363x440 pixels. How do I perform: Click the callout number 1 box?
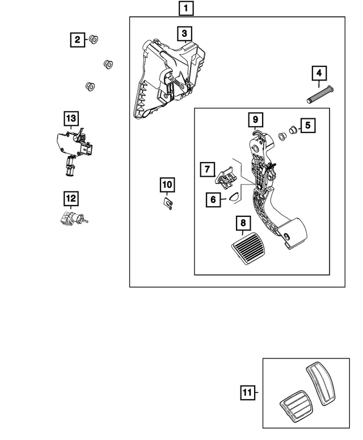coord(186,8)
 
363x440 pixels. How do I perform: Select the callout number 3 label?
coord(184,34)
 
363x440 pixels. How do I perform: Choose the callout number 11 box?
coord(246,392)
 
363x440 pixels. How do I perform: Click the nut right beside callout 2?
coord(94,40)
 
